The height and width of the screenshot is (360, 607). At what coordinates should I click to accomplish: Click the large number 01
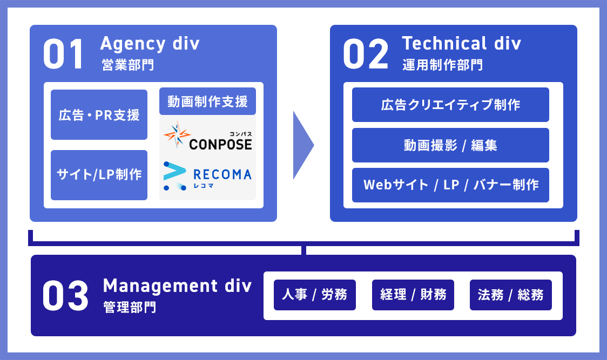pos(64,54)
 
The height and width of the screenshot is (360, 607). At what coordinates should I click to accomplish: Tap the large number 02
pos(366,54)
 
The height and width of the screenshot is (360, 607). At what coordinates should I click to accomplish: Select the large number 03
pos(65,295)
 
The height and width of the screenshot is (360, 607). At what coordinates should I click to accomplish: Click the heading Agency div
pos(150,43)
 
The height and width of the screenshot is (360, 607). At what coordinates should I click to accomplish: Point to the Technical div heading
pos(462,43)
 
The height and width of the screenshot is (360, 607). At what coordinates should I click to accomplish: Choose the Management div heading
pos(177,286)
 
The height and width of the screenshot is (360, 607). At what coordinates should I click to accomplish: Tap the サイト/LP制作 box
pos(99,175)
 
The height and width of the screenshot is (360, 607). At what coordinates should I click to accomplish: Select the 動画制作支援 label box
pos(207,101)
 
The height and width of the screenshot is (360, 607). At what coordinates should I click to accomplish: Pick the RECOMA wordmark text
pos(221,174)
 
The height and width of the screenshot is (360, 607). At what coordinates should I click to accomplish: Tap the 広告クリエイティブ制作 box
pos(450,105)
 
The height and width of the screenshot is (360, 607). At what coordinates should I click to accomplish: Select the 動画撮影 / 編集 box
pos(450,145)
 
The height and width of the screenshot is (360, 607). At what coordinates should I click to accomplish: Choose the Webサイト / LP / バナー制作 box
pos(450,185)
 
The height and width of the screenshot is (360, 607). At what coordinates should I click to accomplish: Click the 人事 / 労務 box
pos(315,295)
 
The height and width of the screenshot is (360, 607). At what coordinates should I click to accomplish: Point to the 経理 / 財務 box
pos(413,295)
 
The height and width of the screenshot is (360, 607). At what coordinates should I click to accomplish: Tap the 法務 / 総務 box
pos(511,295)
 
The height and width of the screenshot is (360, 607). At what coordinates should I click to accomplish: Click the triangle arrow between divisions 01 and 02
pos(302,145)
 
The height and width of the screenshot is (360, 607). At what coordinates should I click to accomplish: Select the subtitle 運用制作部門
pos(443,66)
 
